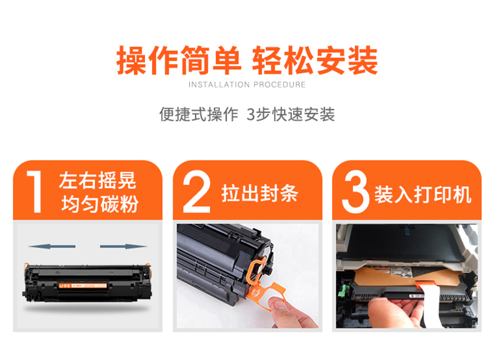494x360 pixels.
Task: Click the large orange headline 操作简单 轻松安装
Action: tap(247, 60)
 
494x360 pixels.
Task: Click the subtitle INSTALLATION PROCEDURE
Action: tap(247, 85)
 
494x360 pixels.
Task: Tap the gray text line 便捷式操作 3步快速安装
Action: tap(247, 115)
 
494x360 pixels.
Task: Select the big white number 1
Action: tap(35, 192)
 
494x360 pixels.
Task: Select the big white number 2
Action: tap(196, 192)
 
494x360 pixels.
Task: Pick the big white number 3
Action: tap(356, 192)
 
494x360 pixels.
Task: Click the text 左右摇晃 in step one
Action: tap(97, 180)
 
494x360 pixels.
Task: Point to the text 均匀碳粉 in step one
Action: tap(99, 204)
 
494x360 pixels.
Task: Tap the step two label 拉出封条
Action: tap(260, 193)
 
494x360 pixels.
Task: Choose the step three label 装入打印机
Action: tap(423, 194)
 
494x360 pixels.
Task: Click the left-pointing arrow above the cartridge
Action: tap(52, 246)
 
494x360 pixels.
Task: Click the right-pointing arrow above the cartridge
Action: tap(124, 246)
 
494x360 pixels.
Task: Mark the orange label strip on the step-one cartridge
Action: tap(83, 286)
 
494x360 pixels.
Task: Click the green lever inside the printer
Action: tap(343, 291)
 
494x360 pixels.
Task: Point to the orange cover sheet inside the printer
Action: tap(406, 277)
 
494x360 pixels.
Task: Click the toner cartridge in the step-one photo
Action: tap(87, 283)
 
